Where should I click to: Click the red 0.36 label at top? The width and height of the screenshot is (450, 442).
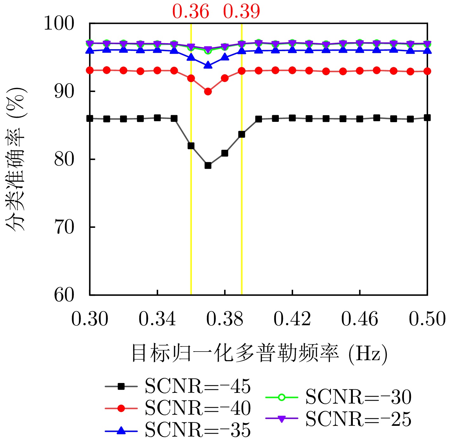point(191,12)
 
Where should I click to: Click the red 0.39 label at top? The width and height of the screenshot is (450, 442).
point(241,12)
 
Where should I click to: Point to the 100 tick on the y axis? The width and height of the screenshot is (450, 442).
point(59,23)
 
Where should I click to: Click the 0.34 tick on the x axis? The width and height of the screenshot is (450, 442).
point(157,319)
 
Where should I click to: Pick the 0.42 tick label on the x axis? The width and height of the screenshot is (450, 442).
point(292,319)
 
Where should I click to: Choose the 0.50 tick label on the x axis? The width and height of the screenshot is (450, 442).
point(427,319)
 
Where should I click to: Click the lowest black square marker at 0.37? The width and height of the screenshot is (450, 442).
point(208,165)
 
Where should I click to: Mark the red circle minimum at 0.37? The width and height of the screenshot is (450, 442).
point(208,92)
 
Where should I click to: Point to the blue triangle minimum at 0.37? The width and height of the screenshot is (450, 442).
point(208,65)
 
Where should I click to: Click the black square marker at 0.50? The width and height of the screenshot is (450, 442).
point(427,118)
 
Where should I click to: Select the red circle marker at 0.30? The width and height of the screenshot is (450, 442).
point(90,70)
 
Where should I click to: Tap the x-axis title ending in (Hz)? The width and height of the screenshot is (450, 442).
point(259,353)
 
